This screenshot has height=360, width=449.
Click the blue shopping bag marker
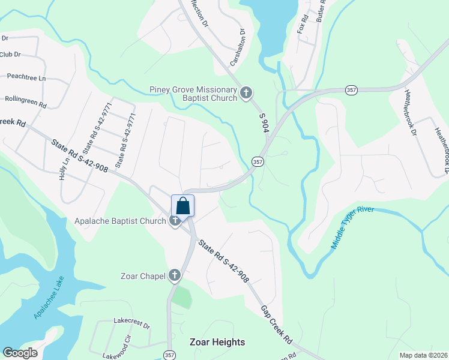pyautogui.click(x=183, y=206)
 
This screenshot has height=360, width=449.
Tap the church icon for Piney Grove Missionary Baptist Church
pyautogui.click(x=246, y=93)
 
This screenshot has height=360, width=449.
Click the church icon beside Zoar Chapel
pyautogui.click(x=175, y=275)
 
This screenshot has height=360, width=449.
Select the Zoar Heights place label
pyautogui.click(x=217, y=342)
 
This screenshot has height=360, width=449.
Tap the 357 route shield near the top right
pyautogui.click(x=352, y=89)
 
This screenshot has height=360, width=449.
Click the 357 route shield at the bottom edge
pyautogui.click(x=169, y=355)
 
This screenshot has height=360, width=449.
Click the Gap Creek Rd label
pyautogui.click(x=276, y=324)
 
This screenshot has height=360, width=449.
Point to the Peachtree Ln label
pyautogui.click(x=26, y=77)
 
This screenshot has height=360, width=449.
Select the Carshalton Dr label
pyautogui.click(x=238, y=47)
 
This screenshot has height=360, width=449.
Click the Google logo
pyautogui.click(x=20, y=353)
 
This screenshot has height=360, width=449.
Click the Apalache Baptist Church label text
pyautogui.click(x=120, y=221)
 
